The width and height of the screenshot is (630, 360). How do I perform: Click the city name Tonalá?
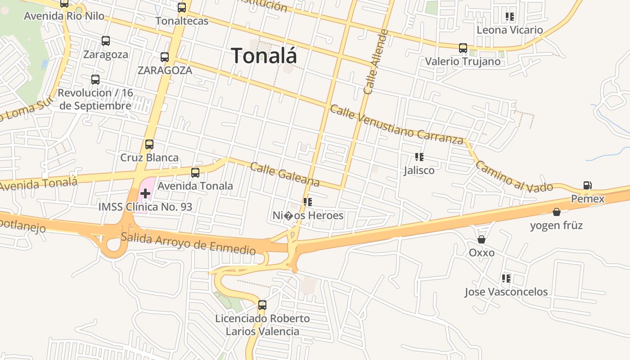pyautogui.click(x=264, y=56)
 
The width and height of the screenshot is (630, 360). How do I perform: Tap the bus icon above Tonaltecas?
pyautogui.click(x=182, y=8)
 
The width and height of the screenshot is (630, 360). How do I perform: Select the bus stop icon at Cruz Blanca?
pyautogui.click(x=149, y=144)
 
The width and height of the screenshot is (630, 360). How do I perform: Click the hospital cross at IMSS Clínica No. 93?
pyautogui.click(x=145, y=193)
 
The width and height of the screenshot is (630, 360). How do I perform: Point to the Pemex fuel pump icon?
pyautogui.click(x=587, y=185)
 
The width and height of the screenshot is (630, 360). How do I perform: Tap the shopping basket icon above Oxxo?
pyautogui.click(x=481, y=239)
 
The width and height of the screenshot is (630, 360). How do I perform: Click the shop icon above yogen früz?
pyautogui.click(x=557, y=212)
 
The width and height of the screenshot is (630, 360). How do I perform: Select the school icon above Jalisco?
pyautogui.click(x=419, y=157)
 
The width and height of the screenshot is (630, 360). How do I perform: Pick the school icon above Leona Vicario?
pyautogui.click(x=510, y=17)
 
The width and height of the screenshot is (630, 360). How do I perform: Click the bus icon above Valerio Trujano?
pyautogui.click(x=463, y=48)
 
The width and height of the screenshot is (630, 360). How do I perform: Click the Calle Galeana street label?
pyautogui.click(x=285, y=175)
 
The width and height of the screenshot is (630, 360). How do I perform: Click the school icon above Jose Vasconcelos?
pyautogui.click(x=506, y=279)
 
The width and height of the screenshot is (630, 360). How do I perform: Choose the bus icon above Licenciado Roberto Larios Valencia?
pyautogui.click(x=262, y=305)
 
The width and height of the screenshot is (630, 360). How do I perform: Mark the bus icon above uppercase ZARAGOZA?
pyautogui.click(x=165, y=57)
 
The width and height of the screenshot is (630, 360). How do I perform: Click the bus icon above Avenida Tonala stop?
pyautogui.click(x=195, y=172)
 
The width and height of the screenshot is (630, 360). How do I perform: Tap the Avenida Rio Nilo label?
pyautogui.click(x=64, y=16)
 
